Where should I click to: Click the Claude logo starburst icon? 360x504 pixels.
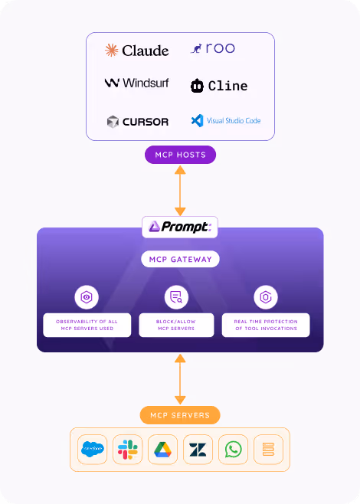pyautogui.click(x=112, y=50)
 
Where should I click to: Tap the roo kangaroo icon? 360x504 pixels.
pyautogui.click(x=196, y=49)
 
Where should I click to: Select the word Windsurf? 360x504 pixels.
pyautogui.click(x=146, y=83)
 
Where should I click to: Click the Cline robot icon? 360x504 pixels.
pyautogui.click(x=197, y=86)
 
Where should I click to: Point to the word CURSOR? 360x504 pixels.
pyautogui.click(x=146, y=122)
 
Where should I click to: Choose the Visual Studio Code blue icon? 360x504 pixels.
pyautogui.click(x=198, y=120)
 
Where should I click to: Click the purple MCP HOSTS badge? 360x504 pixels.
pyautogui.click(x=180, y=155)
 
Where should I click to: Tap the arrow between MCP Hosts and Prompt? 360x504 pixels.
pyautogui.click(x=180, y=191)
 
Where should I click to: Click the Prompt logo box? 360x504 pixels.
pyautogui.click(x=180, y=227)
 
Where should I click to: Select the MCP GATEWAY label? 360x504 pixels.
pyautogui.click(x=180, y=259)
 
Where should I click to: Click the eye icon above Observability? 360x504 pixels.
pyautogui.click(x=87, y=297)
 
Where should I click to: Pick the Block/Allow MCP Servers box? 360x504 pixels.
pyautogui.click(x=176, y=325)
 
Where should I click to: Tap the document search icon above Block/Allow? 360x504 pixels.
pyautogui.click(x=176, y=297)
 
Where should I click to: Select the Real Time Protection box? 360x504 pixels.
pyautogui.click(x=266, y=325)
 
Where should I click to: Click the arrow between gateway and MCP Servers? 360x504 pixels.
pyautogui.click(x=180, y=379)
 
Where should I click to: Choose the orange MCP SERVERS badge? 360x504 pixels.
pyautogui.click(x=180, y=415)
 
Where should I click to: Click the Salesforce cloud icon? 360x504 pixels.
pyautogui.click(x=92, y=450)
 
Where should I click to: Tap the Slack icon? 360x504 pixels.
pyautogui.click(x=128, y=450)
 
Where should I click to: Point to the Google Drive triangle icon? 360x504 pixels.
pyautogui.click(x=162, y=450)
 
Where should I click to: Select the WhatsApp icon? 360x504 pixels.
pyautogui.click(x=234, y=450)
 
